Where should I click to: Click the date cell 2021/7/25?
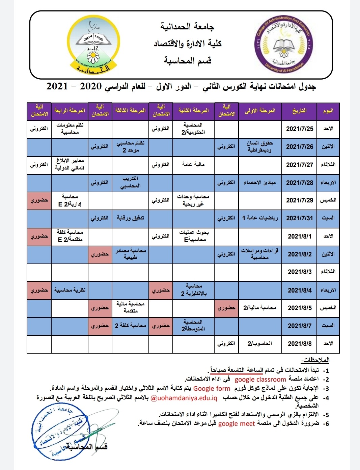(300, 129)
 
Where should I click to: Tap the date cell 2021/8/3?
(300, 272)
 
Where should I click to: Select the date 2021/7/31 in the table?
(300, 218)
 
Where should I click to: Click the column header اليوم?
(328, 111)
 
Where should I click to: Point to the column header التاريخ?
(300, 111)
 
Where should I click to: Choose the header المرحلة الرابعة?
(70, 111)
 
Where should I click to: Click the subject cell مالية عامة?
(193, 165)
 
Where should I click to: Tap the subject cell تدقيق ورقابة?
(130, 218)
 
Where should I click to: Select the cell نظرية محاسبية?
(70, 290)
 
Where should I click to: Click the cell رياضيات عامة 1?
(260, 218)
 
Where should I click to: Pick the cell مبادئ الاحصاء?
(260, 183)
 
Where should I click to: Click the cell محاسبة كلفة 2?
(130, 326)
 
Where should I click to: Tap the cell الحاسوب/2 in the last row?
(260, 344)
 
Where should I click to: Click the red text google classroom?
(260, 380)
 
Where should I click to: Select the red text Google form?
(212, 389)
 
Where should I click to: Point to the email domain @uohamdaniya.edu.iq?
(184, 398)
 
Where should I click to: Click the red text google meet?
(237, 424)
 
